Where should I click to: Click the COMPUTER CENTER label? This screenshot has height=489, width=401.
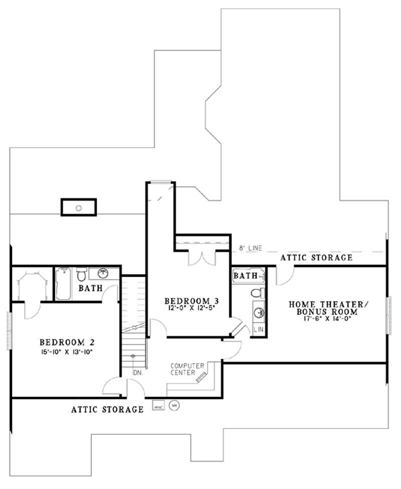(x=187, y=369)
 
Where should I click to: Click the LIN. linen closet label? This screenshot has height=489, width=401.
(x=259, y=330)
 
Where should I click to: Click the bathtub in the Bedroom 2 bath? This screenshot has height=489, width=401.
(x=63, y=284)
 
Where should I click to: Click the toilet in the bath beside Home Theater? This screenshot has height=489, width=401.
(x=257, y=292)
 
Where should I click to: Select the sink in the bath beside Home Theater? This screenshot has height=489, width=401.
(x=259, y=313)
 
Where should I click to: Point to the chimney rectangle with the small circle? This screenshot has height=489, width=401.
(x=79, y=207)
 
